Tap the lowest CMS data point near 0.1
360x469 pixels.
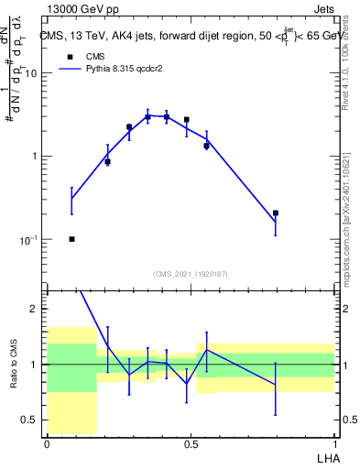click(x=71, y=239)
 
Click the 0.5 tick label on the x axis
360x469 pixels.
click(x=191, y=442)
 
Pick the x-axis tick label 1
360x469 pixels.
click(x=334, y=442)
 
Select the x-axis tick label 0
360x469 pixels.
click(x=47, y=442)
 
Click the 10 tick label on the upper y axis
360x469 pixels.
click(x=31, y=73)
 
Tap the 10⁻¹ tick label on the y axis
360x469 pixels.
click(x=29, y=240)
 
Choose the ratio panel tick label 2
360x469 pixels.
click(x=37, y=310)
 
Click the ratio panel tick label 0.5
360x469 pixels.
click(x=32, y=420)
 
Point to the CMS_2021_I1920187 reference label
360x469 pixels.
click(x=191, y=274)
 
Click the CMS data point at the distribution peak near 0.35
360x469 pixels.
click(x=147, y=117)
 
